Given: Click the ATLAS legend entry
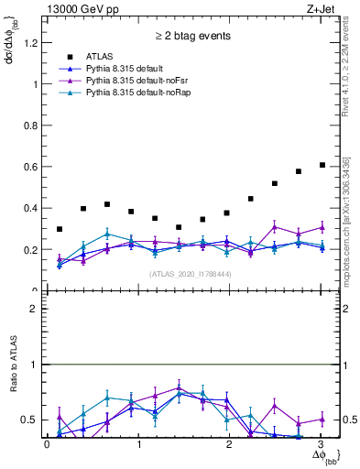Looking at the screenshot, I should [102, 56].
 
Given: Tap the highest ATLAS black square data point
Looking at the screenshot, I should [322, 165].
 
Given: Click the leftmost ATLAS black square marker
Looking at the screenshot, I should [60, 229].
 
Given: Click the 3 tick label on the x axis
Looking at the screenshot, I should [320, 444].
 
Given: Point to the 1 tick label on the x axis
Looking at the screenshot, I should [138, 444].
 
